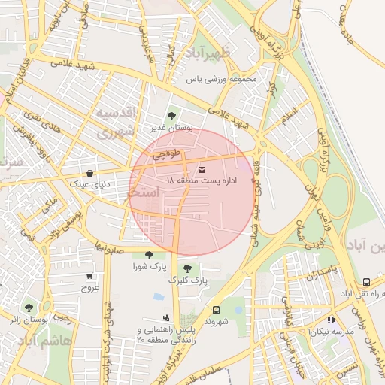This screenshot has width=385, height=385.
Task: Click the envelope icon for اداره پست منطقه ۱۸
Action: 201,169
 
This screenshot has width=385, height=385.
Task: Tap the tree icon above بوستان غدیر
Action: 171,116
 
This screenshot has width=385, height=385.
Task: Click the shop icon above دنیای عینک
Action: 90,171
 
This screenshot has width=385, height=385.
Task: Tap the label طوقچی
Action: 168,156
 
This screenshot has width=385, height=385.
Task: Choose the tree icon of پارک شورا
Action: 150,255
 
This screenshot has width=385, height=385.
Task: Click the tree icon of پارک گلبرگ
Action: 186,268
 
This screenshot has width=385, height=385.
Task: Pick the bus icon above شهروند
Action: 217,309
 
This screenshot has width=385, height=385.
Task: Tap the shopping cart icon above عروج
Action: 90,276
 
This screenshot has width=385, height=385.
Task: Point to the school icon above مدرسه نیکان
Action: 332,320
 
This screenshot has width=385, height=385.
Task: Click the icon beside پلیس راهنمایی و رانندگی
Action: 165,318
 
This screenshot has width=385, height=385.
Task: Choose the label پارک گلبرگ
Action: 186,280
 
